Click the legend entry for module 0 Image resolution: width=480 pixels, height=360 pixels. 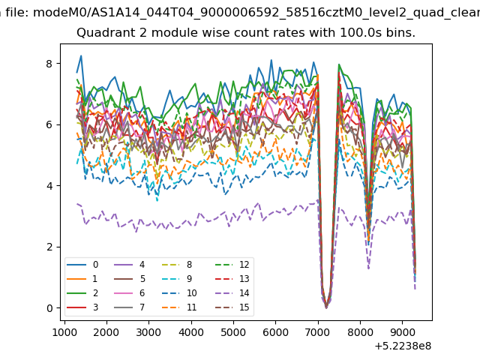point(82,265)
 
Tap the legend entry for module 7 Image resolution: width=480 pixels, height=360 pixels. point(129,307)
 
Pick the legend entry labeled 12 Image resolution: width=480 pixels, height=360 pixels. point(232,265)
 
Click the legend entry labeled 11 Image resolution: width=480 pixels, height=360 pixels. point(181,307)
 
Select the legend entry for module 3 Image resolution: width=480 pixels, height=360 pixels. point(82,307)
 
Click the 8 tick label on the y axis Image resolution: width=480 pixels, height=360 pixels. point(49,64)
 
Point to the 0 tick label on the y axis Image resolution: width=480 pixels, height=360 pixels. point(49,308)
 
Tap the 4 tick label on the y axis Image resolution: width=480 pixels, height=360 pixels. point(49,186)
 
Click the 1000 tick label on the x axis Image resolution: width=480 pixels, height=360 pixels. point(64,332)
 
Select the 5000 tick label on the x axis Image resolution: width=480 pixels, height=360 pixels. point(233,332)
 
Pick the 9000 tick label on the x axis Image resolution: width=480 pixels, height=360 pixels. point(402,332)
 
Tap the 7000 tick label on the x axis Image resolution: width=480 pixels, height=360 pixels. point(318,332)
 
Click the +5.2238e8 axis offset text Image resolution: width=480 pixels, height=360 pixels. point(403,346)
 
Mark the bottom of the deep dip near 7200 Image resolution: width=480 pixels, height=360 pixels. point(326,307)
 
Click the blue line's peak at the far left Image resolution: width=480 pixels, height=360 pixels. point(81,55)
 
